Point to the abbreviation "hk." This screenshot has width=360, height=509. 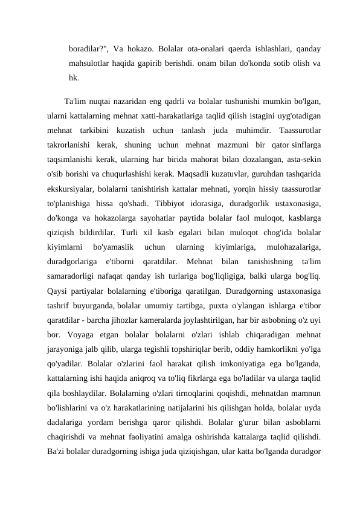click(x=74, y=77)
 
